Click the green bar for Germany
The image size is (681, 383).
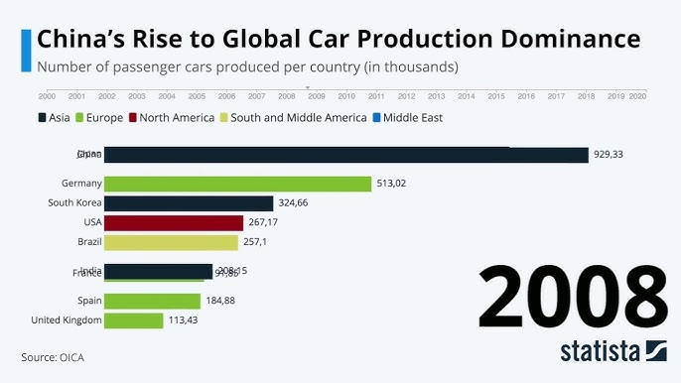pyautogui.click(x=237, y=184)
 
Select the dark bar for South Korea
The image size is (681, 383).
pyautogui.click(x=188, y=202)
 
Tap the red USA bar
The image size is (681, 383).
pyautogui.click(x=173, y=222)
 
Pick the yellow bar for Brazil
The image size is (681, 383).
pyautogui.click(x=171, y=242)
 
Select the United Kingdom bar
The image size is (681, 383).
pyautogui.click(x=133, y=320)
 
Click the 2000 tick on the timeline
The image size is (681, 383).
pyautogui.click(x=47, y=96)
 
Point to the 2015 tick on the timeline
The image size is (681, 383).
pyautogui.click(x=496, y=96)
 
